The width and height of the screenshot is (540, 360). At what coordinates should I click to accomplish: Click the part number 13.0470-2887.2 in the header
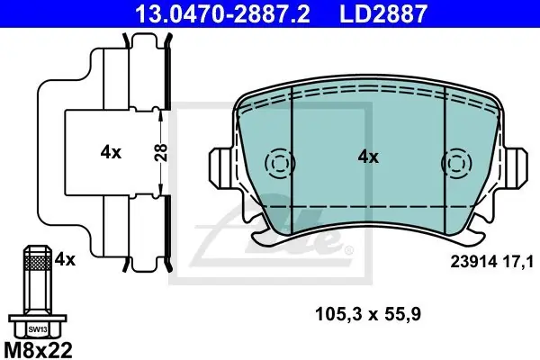[222, 13]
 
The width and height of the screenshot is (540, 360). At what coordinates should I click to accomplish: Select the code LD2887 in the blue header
[383, 13]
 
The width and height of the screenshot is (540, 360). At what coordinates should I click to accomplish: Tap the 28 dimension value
[161, 152]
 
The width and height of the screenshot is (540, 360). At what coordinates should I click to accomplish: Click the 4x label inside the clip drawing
[111, 152]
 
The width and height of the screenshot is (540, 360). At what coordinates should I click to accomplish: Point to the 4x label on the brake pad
[368, 157]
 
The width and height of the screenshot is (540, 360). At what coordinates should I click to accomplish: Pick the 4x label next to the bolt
[65, 259]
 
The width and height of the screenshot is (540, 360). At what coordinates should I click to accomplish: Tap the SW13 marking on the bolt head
[38, 329]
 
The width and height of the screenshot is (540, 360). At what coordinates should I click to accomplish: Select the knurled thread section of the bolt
[38, 263]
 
